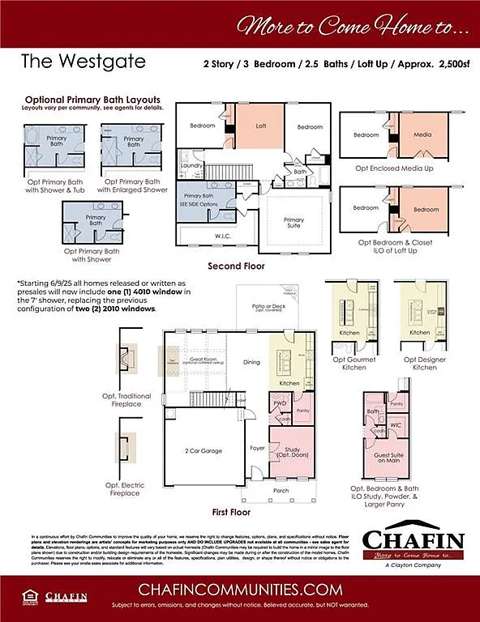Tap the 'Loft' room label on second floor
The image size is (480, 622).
click(x=261, y=126)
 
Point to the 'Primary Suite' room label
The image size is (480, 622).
click(x=294, y=223)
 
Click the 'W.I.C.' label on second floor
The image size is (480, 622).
click(x=223, y=236)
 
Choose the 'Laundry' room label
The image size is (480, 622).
click(x=191, y=165)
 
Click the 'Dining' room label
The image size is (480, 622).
click(x=252, y=362)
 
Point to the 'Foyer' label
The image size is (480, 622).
click(x=257, y=447)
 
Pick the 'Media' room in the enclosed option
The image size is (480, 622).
click(x=422, y=134)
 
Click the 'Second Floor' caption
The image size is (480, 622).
click(x=235, y=266)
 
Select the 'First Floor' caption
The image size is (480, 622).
click(x=231, y=512)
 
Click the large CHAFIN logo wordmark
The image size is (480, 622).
click(x=413, y=539)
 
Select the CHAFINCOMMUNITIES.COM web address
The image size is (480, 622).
click(x=239, y=589)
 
